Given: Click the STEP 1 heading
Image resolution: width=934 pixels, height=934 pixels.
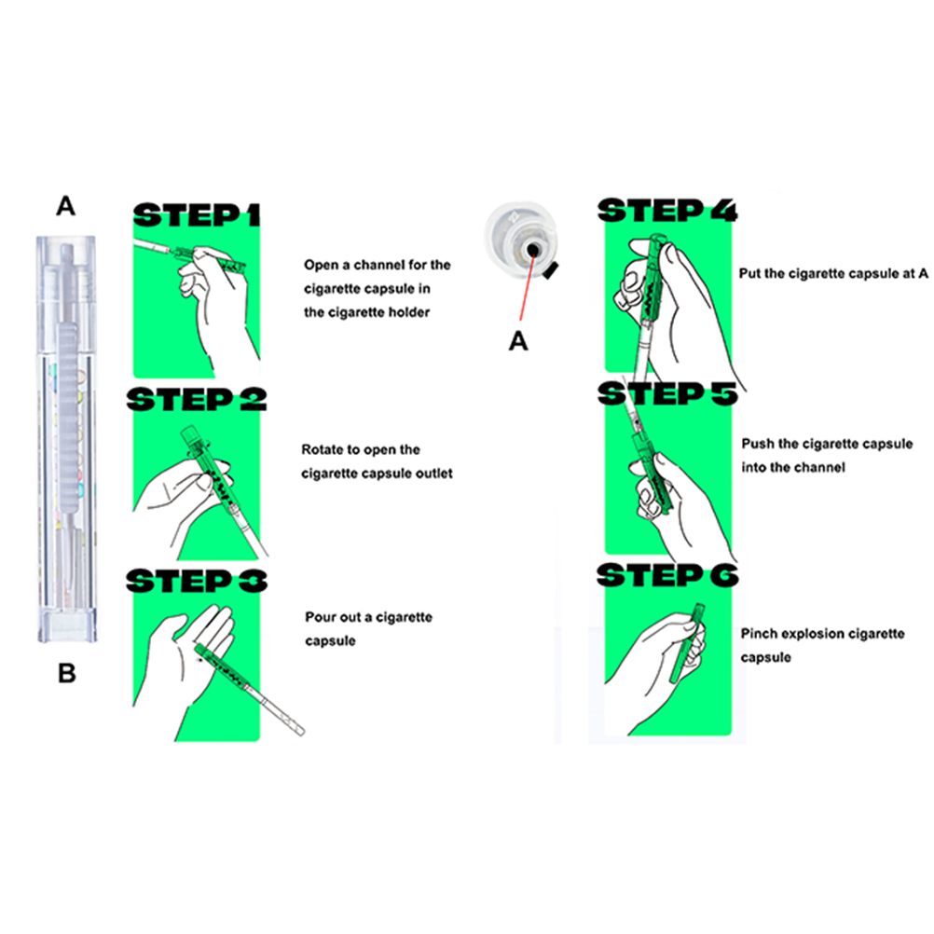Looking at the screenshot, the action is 197,215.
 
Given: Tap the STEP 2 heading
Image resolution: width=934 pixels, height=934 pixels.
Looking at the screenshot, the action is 197,399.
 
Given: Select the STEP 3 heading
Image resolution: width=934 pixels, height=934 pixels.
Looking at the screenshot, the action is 197,581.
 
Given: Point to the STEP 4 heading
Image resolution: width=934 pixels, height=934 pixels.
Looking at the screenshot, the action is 667,211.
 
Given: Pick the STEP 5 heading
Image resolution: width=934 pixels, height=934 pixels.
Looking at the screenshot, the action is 667,393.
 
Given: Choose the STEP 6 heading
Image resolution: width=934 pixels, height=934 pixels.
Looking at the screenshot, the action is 667,575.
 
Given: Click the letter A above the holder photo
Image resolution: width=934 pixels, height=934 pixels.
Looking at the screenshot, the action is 65,207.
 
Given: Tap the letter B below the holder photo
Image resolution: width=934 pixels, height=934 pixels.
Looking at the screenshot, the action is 67,674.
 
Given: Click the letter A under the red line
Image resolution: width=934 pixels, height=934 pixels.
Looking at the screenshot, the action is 518,341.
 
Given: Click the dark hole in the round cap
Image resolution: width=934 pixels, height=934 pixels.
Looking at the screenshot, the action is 533,249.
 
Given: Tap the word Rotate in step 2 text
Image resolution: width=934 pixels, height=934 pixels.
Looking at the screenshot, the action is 323,449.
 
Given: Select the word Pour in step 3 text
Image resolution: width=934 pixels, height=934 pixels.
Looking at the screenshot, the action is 319,617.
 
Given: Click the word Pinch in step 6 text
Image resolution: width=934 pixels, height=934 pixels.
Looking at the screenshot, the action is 758,634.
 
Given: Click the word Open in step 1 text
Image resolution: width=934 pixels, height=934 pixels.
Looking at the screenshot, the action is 321,266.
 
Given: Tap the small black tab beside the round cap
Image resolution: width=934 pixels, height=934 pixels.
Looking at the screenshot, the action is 550,269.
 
